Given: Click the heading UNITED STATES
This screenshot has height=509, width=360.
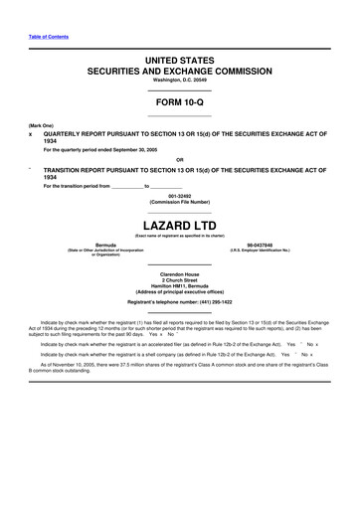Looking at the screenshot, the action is (180, 61).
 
